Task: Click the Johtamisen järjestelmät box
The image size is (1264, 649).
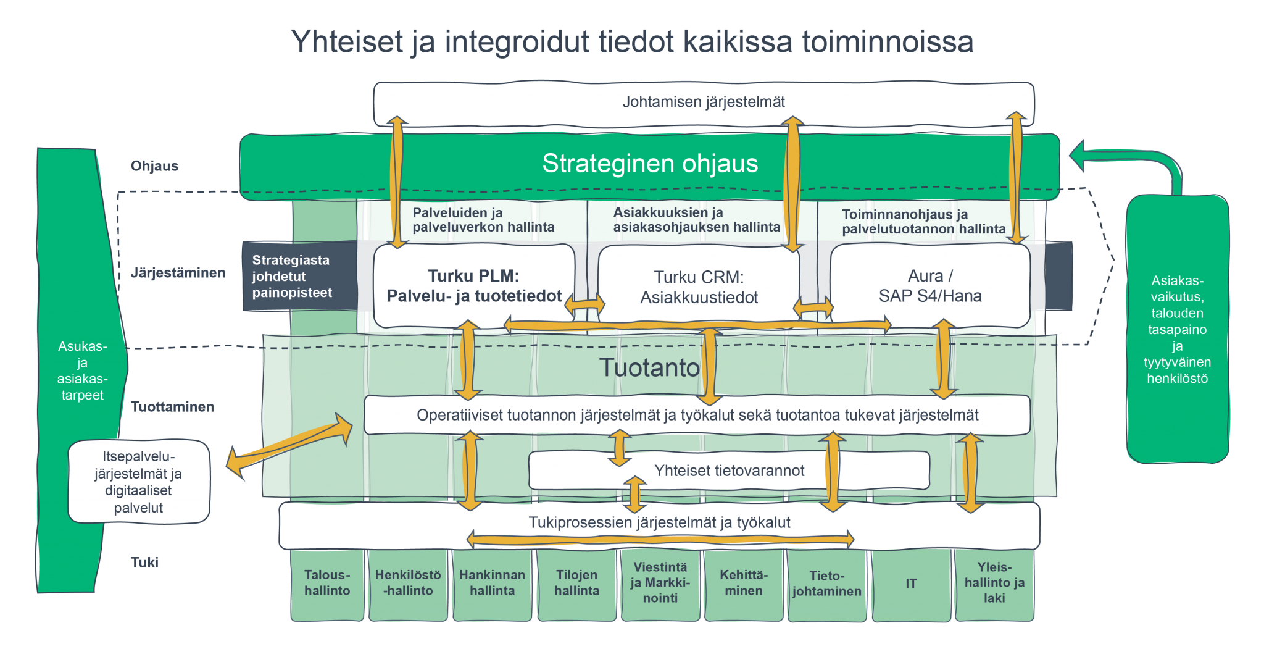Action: coord(703,103)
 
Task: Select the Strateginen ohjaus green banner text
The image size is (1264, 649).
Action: coord(650,164)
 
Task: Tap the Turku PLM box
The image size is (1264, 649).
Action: coord(473,285)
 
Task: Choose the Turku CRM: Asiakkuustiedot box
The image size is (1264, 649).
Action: coord(699,287)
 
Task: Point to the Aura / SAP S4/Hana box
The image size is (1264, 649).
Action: coord(929,285)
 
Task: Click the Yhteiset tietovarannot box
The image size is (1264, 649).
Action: coord(729,471)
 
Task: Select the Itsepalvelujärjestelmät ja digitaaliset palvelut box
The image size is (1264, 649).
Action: coord(138,482)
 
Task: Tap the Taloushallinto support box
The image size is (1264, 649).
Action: coord(326,584)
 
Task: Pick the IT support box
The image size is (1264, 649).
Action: coord(910,584)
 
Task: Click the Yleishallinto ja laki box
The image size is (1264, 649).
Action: coord(994,583)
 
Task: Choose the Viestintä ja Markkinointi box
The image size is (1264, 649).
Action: coord(660,583)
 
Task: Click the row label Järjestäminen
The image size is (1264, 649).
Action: coord(178,273)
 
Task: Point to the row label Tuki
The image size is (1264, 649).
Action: coord(144,563)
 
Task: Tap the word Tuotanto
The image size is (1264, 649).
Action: coord(649,368)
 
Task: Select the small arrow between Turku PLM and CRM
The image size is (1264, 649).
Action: coord(584,304)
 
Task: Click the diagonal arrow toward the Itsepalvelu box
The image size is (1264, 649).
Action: coord(289,443)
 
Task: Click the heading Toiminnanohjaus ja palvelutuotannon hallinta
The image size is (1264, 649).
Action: coord(923,222)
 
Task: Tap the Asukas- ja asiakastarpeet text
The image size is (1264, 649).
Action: coord(82,371)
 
